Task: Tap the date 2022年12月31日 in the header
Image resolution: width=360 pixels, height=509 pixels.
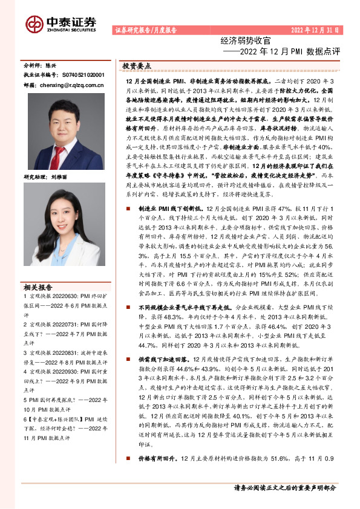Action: tap(316, 30)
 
